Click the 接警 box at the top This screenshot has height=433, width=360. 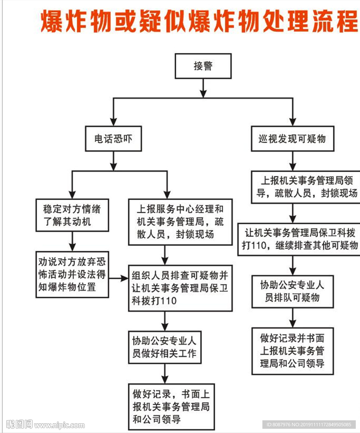pyautogui.click(x=203, y=66)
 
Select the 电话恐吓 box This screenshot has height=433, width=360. pyautogui.click(x=113, y=138)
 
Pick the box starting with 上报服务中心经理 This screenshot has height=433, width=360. pyautogui.click(x=180, y=222)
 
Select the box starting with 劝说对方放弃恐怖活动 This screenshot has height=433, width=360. pyautogui.click(x=72, y=274)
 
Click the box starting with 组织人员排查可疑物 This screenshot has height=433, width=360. pyautogui.click(x=180, y=288)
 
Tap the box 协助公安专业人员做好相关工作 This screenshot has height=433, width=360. pyautogui.click(x=165, y=347)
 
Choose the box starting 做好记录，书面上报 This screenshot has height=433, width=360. pyautogui.click(x=171, y=406)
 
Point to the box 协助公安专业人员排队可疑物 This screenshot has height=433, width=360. pyautogui.click(x=292, y=291)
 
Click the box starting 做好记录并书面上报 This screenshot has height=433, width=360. pyautogui.click(x=292, y=351)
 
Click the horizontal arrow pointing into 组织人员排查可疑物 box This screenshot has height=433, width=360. pyautogui.click(x=119, y=278)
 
